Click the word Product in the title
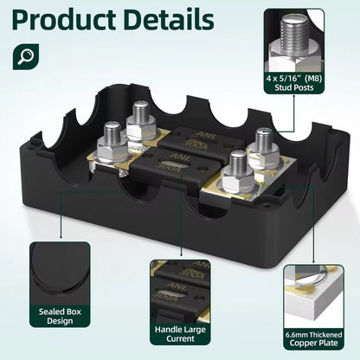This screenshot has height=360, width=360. point(64,19)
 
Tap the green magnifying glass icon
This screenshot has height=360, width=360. point(26,56)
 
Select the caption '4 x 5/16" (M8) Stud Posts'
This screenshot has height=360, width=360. point(294,83)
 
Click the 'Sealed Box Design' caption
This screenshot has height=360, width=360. point(60,316)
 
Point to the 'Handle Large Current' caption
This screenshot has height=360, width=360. point(180,334)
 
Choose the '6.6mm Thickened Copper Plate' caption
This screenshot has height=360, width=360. point(313,339)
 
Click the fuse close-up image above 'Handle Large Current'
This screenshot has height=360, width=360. point(180,291)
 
